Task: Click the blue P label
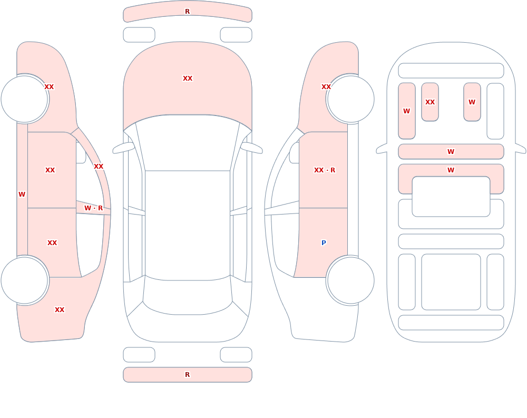tap(324, 243)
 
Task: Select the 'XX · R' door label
tap(324, 170)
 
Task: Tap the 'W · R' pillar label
tap(93, 208)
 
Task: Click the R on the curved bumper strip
tap(188, 12)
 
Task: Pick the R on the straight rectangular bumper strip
tap(188, 375)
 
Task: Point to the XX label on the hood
tap(188, 79)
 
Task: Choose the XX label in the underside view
tap(430, 102)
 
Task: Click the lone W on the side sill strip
tap(22, 195)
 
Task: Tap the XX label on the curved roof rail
tap(99, 167)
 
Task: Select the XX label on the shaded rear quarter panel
tap(60, 310)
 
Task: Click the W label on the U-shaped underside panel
tap(451, 170)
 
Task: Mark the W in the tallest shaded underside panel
tap(407, 111)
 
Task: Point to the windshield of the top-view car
tap(188, 143)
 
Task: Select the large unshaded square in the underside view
tap(451, 282)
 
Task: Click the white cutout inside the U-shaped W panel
tap(451, 197)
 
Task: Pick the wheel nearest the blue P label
tap(350, 280)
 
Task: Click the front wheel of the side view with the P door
tap(350, 99)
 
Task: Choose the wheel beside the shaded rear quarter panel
tap(25, 280)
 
